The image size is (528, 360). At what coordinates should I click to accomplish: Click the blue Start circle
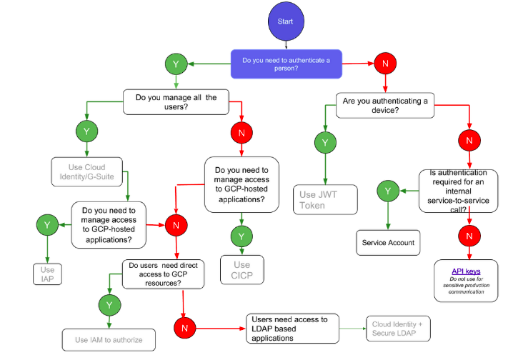[285, 21]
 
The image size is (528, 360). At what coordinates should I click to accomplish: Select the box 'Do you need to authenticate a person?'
[286, 64]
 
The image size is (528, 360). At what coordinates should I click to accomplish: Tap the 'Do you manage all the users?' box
[176, 102]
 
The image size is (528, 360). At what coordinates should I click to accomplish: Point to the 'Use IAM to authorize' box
[109, 339]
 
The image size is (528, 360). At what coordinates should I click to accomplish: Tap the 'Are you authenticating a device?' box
[386, 106]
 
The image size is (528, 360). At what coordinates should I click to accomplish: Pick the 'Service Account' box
[387, 242]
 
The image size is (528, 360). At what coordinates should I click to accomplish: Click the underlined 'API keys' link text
[465, 271]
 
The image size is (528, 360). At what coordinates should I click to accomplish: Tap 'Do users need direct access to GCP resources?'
[164, 273]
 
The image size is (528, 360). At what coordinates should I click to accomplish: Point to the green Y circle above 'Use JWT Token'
[325, 142]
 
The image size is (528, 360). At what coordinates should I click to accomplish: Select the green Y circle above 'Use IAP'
[46, 224]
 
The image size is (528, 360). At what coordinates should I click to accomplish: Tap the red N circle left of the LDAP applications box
[185, 328]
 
